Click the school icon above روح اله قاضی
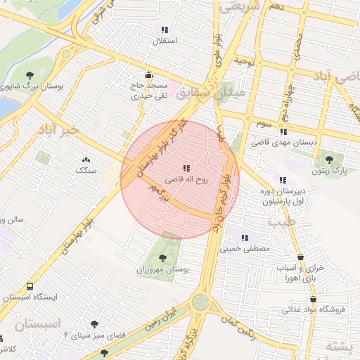tap(186, 168)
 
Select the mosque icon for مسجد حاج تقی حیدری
tap(148, 75)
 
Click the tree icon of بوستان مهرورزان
tap(164, 258)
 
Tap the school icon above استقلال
tap(165, 30)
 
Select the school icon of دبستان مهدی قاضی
tap(283, 131)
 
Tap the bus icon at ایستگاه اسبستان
tap(30, 286)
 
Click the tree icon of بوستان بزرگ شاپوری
tap(30, 75)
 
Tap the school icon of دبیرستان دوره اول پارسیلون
tap(282, 180)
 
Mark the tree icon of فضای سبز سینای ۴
tap(94, 325)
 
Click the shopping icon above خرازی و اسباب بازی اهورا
tap(302, 257)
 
